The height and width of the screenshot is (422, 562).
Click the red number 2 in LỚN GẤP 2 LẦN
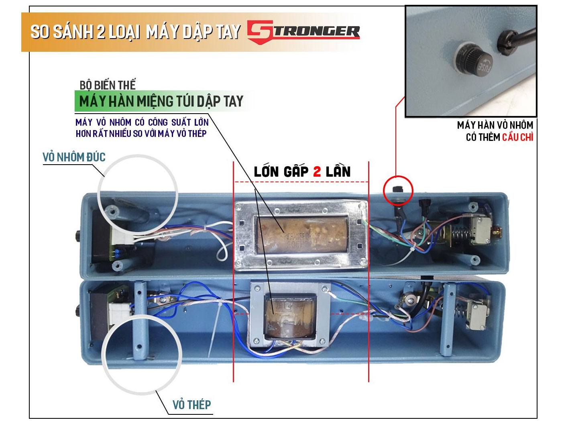[317, 172]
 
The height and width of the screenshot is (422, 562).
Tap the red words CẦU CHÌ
[517, 137]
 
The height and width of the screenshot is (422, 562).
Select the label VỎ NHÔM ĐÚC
[74, 157]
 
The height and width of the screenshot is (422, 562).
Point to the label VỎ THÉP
[191, 405]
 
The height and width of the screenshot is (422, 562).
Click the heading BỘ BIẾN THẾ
[108, 85]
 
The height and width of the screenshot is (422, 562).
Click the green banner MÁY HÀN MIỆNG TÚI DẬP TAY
[161, 101]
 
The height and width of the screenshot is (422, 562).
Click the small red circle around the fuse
[397, 190]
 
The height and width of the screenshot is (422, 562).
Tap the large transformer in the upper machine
[301, 235]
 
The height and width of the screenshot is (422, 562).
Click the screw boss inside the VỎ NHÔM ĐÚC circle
[111, 210]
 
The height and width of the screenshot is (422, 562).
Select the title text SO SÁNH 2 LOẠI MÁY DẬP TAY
[135, 32]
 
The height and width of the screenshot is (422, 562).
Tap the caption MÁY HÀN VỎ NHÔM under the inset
[495, 125]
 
